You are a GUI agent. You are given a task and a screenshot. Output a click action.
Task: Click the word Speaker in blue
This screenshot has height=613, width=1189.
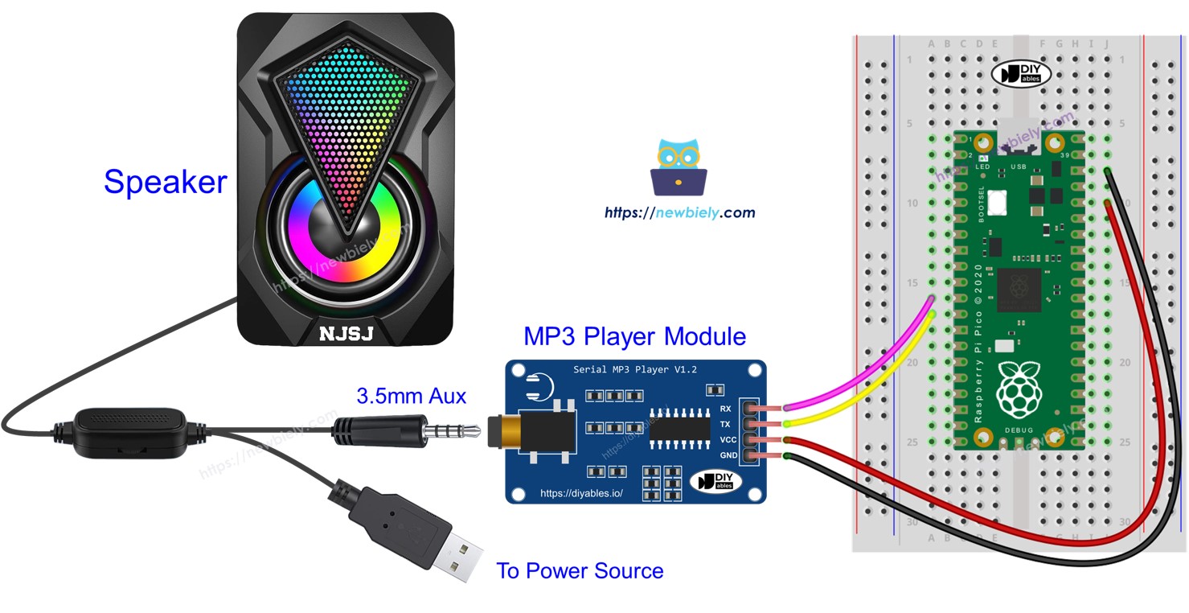pyautogui.click(x=165, y=182)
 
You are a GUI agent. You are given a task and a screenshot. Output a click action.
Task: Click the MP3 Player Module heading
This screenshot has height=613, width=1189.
pyautogui.click(x=634, y=335)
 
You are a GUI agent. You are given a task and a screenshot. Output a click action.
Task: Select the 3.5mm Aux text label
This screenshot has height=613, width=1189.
pyautogui.click(x=411, y=396)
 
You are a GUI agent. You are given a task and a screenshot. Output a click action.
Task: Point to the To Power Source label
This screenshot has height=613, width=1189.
pyautogui.click(x=580, y=571)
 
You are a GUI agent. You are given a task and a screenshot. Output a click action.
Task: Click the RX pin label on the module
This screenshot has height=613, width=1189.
pyautogui.click(x=725, y=409)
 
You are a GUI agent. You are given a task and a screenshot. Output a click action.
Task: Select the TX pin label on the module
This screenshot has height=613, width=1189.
pyautogui.click(x=725, y=424)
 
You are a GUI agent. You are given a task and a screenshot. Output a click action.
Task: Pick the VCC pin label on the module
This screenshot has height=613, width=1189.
pyautogui.click(x=728, y=440)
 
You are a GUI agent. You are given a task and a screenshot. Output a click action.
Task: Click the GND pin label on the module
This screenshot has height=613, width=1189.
pyautogui.click(x=728, y=455)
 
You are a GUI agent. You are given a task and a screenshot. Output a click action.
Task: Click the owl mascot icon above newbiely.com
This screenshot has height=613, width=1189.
pyautogui.click(x=679, y=167)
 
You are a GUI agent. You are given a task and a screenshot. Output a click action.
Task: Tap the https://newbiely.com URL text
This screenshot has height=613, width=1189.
pyautogui.click(x=679, y=213)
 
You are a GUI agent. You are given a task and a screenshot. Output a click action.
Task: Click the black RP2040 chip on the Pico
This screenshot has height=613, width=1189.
pyautogui.click(x=1019, y=290)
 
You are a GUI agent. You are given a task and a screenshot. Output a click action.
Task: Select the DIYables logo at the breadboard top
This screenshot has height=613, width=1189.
pyautogui.click(x=1021, y=74)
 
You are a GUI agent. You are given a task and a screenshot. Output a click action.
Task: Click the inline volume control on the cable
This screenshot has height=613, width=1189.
pyautogui.click(x=129, y=434)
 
